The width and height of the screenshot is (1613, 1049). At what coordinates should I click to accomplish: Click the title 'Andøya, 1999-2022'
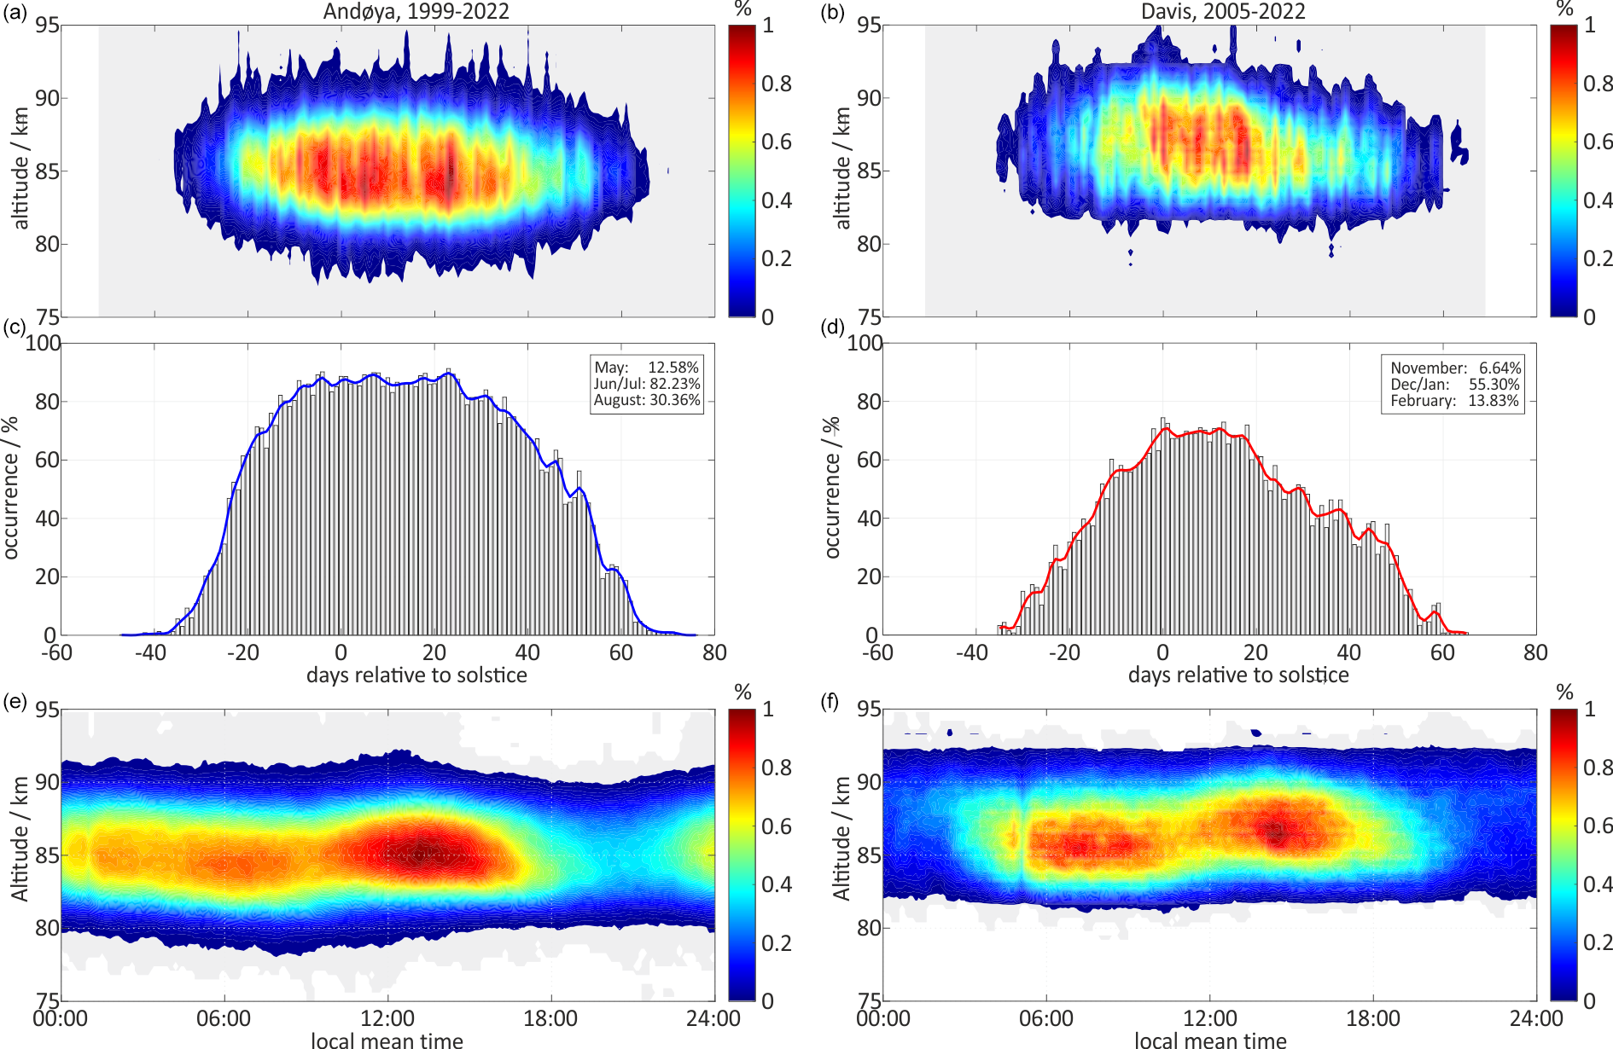[416, 11]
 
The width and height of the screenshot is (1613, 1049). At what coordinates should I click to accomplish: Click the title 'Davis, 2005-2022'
[1223, 11]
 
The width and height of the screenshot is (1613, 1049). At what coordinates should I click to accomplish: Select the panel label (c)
[15, 327]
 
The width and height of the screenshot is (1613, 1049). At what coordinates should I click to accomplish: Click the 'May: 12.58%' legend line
[646, 368]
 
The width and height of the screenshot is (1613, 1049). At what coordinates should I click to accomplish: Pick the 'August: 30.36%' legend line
[646, 400]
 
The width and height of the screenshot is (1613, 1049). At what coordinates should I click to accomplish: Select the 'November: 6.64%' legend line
[1455, 368]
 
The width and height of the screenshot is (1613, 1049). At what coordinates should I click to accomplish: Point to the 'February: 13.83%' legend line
[1455, 400]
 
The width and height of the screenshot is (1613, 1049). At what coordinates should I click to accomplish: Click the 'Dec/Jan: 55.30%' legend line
[1455, 384]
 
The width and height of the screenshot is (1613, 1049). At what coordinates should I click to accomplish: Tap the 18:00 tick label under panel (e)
[550, 1018]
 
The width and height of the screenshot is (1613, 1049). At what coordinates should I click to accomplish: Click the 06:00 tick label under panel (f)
[1046, 1018]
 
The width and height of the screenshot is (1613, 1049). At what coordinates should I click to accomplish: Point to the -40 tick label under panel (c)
[150, 652]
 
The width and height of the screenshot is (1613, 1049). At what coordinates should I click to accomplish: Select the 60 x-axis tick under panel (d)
[1442, 652]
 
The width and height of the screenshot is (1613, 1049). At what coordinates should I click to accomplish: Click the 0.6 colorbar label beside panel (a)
[777, 142]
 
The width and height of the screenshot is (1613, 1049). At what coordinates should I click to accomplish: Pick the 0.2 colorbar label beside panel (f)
[1598, 942]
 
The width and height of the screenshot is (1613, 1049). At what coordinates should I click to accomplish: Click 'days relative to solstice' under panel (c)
[416, 675]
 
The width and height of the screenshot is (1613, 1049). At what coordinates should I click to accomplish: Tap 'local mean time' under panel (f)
[1210, 1040]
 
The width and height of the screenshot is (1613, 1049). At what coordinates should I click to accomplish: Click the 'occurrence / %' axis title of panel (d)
[832, 488]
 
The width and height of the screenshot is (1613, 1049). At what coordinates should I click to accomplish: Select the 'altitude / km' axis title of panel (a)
[21, 169]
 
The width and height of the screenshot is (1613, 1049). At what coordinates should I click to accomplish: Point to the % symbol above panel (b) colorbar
[1564, 9]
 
